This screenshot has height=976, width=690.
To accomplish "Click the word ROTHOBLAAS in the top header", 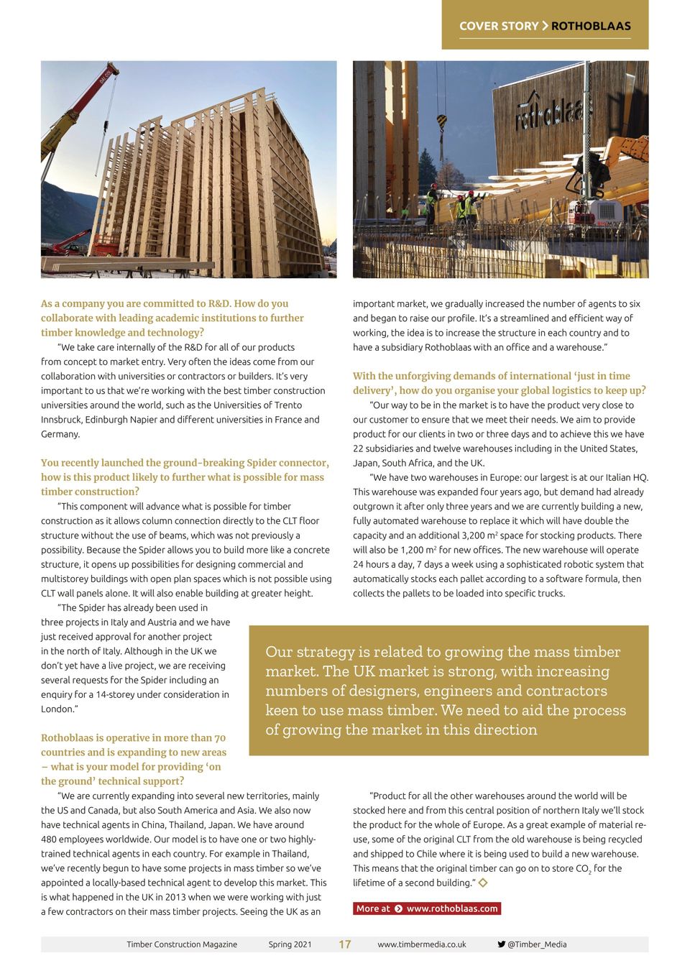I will [x=591, y=26].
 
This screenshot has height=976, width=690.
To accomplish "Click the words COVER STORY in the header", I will [x=499, y=26].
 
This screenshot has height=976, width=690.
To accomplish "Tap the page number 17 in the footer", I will [x=345, y=944].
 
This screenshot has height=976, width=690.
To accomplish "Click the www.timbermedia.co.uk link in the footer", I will [x=422, y=944].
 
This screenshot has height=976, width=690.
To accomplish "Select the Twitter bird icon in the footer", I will [x=501, y=944].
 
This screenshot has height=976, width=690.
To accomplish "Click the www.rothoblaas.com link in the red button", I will [x=452, y=908].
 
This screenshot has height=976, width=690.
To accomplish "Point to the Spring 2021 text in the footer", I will [x=290, y=944].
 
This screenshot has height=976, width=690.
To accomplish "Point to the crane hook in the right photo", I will [x=441, y=122].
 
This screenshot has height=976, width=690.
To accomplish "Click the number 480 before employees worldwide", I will [x=50, y=839].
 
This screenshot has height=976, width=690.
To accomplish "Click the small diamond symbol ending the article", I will [x=483, y=883].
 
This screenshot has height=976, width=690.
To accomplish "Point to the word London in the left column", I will [x=56, y=709].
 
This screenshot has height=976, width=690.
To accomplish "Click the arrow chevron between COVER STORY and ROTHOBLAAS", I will [x=545, y=26].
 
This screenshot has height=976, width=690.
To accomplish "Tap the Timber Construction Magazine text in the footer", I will [x=182, y=944].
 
